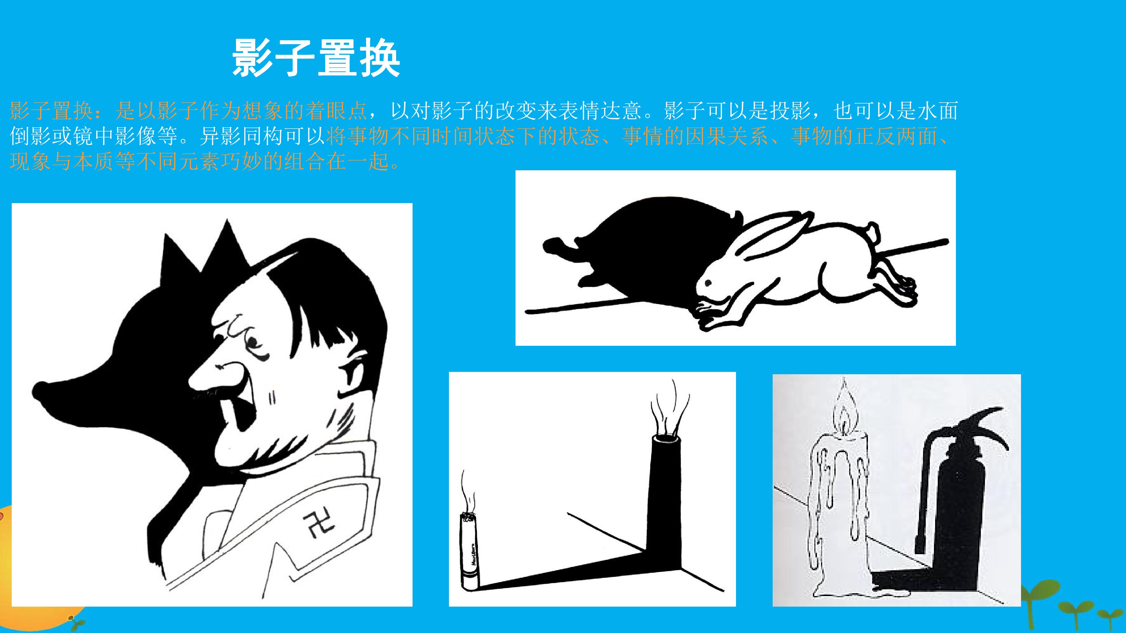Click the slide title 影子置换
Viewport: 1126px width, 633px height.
pos(316,58)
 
